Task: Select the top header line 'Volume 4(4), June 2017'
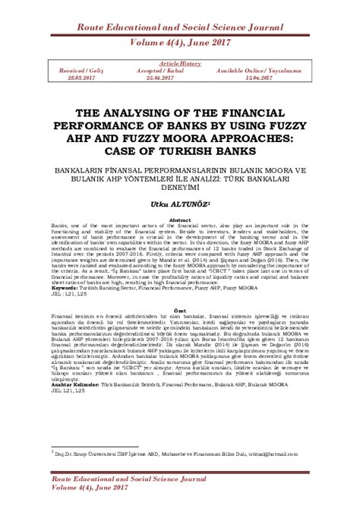coord(180,43)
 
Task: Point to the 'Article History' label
coord(179,64)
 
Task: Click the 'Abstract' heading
coord(180,220)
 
